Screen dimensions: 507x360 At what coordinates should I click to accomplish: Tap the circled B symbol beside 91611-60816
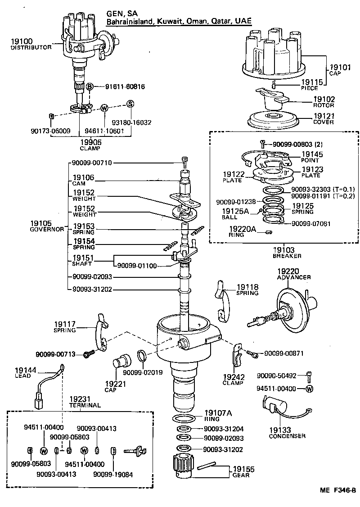90,86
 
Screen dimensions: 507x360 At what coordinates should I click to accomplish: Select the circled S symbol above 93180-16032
130,104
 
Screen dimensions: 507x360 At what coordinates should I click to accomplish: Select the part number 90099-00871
283,353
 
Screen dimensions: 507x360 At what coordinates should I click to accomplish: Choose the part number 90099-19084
112,474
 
